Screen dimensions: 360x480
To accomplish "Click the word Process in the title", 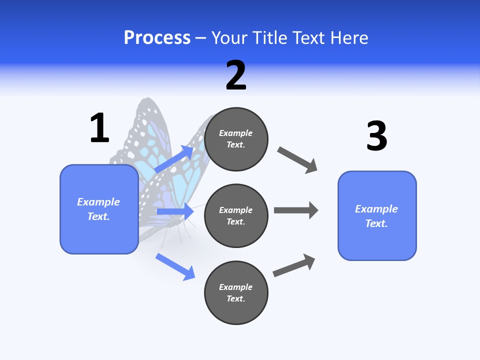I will [x=157, y=38].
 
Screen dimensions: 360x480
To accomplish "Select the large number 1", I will [x=99, y=128].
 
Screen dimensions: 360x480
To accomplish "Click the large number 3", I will [x=376, y=136].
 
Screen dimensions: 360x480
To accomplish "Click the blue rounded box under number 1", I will [x=99, y=209].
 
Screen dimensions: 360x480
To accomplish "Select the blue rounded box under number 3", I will [x=377, y=215].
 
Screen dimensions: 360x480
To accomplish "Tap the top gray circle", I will [x=236, y=139].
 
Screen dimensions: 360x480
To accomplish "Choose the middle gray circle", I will [x=236, y=215].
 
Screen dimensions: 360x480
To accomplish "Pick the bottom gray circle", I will [x=236, y=292].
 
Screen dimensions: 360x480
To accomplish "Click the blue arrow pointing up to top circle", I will [x=174, y=159].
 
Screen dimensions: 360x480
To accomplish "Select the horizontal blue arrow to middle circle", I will [x=175, y=211].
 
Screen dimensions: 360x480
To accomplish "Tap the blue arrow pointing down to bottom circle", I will [x=175, y=266].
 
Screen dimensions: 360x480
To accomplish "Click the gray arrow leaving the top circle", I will [x=297, y=159].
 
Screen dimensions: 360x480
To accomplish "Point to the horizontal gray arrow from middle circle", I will [x=295, y=210].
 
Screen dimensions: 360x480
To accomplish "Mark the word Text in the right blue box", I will [x=376, y=223].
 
